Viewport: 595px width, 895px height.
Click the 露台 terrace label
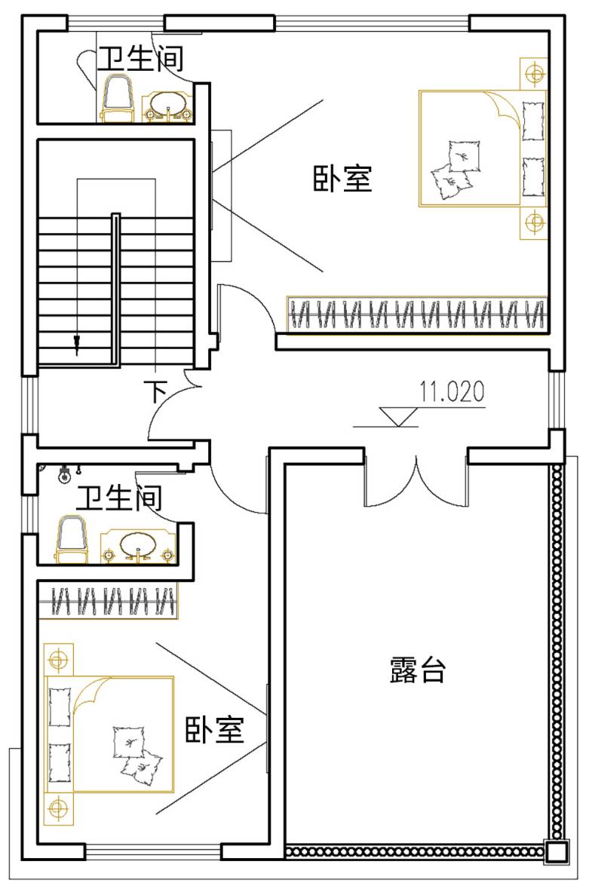pos(418,670)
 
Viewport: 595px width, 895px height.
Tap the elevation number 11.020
pos(452,391)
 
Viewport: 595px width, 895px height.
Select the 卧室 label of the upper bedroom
pos(342,178)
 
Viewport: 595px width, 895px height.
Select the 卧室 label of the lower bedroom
pos(215,729)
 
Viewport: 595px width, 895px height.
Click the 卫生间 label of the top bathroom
pos(140,57)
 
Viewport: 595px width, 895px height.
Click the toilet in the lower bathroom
pos(72,539)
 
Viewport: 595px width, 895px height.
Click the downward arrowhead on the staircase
pos(76,345)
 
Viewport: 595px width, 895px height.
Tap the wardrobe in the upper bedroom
pos(417,314)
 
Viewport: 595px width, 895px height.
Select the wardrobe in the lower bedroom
pos(108,600)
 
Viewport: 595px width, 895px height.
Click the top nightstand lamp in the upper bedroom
pos(535,73)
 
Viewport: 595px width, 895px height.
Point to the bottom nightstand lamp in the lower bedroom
pos(58,809)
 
